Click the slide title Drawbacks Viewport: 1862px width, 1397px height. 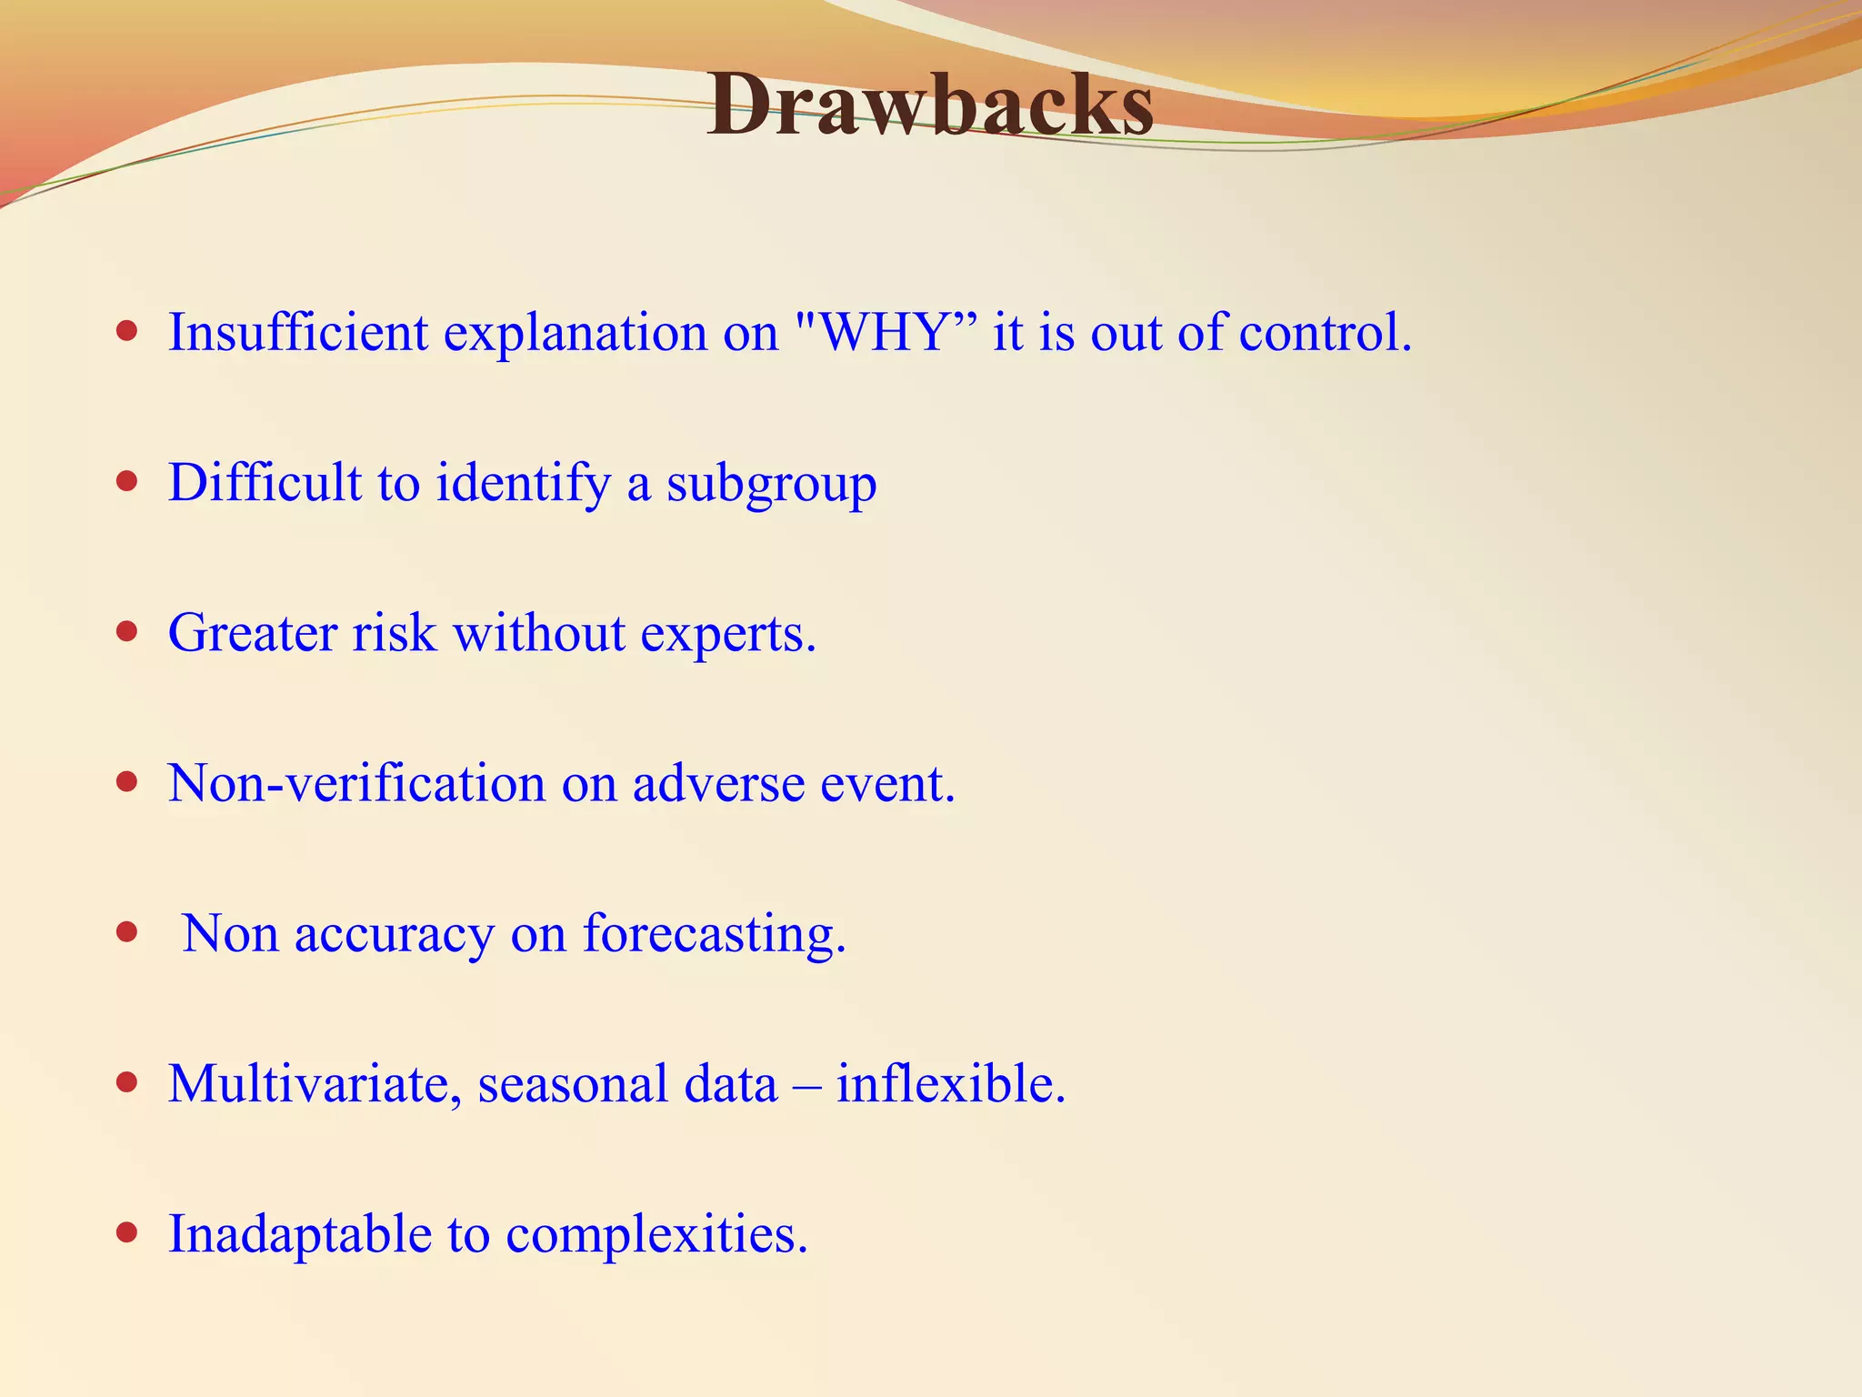(x=930, y=106)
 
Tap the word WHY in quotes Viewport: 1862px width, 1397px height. (x=884, y=333)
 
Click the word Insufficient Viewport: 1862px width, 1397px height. (x=297, y=333)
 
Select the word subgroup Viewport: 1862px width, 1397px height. (x=771, y=484)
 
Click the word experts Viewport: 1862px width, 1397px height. (x=727, y=635)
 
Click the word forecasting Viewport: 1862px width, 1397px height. (x=714, y=935)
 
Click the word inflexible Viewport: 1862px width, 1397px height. (x=950, y=1084)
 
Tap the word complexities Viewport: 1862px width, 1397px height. (x=656, y=1235)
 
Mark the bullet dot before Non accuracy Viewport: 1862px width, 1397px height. (x=127, y=931)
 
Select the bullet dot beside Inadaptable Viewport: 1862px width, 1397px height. (x=127, y=1232)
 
